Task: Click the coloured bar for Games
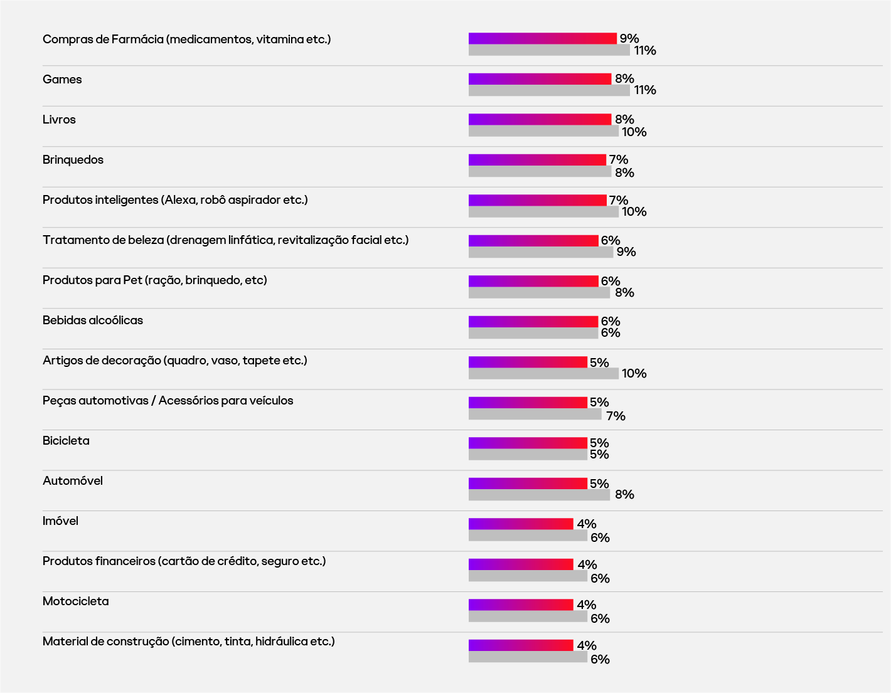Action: click(540, 79)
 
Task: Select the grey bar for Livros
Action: click(543, 131)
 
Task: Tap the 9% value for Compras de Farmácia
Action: click(629, 39)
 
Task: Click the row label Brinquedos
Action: click(73, 160)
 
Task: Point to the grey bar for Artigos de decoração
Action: click(543, 374)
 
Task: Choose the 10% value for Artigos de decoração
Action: click(634, 374)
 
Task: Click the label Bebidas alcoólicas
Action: click(93, 320)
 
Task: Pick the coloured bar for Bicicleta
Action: click(528, 443)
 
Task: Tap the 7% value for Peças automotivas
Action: click(616, 416)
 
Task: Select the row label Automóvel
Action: click(73, 481)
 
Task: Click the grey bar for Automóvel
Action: click(539, 495)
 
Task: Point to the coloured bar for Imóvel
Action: click(521, 524)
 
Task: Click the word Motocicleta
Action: click(76, 601)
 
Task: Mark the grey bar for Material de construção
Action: click(528, 657)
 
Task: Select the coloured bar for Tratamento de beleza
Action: click(533, 241)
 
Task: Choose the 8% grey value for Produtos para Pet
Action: click(624, 293)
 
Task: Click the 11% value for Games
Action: click(644, 90)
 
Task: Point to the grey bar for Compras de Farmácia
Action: click(549, 50)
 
